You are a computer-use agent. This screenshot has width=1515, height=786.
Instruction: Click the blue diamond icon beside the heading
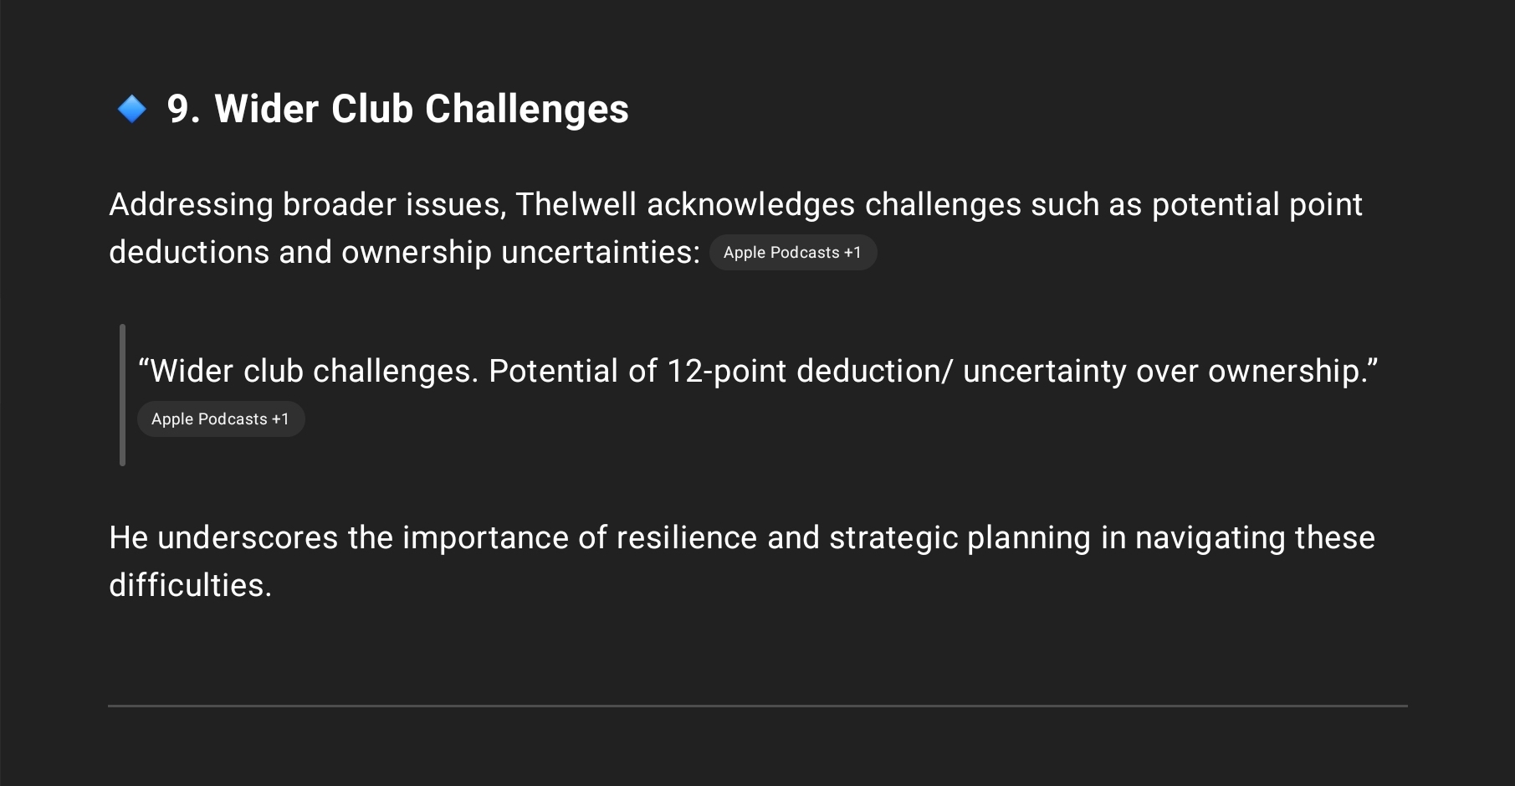pos(132,109)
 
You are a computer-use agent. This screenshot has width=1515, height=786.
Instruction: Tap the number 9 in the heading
pos(177,109)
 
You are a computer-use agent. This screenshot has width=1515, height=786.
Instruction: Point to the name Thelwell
pos(576,204)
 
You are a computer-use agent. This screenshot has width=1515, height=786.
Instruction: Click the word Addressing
pos(191,205)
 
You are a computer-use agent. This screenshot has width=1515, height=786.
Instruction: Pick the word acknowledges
pos(750,205)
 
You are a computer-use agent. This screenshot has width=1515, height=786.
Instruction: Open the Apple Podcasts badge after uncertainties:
pos(793,253)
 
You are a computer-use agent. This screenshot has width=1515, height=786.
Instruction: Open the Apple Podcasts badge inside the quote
pos(221,419)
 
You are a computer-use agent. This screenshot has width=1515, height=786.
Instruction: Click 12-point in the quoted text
pos(726,371)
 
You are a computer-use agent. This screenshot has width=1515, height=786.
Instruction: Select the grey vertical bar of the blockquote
pos(123,395)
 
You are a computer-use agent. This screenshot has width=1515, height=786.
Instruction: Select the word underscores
pos(248,537)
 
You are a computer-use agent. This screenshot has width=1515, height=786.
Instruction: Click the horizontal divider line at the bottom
pos(758,706)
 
